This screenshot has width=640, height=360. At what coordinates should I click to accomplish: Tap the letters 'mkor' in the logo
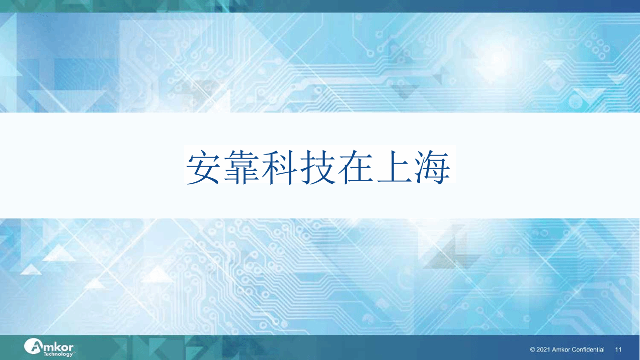point(58,347)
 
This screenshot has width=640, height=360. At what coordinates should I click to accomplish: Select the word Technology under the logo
point(58,354)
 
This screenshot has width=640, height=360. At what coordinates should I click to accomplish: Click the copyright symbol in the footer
point(532,350)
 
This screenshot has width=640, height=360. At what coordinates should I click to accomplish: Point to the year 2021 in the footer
point(543,350)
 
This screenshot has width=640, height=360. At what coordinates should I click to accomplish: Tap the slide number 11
point(618,350)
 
